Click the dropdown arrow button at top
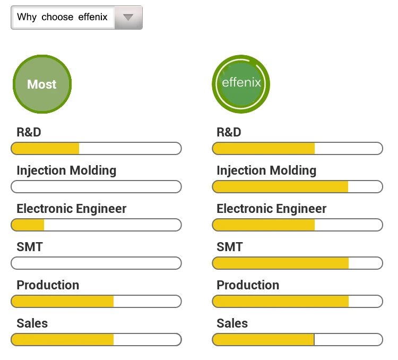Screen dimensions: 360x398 127,17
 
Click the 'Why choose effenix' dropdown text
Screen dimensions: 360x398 62,17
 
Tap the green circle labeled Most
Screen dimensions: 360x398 42,84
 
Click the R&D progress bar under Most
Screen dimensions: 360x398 96,149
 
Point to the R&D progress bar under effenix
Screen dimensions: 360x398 297,149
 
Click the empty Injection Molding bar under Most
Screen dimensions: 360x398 96,187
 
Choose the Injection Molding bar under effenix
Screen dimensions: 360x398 297,187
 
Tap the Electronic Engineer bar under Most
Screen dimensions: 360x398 96,225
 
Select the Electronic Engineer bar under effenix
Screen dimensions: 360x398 297,225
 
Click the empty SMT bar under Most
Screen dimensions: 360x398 96,263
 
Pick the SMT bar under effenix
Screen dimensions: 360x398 297,263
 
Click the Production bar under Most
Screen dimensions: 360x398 96,302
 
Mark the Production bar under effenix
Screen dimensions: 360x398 297,302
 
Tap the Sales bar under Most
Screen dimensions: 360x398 96,340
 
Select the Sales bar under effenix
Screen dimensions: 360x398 297,340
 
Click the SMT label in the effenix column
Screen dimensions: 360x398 229,247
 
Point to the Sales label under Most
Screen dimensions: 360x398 32,323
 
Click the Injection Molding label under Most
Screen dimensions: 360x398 66,170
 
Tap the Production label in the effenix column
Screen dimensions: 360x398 248,285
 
